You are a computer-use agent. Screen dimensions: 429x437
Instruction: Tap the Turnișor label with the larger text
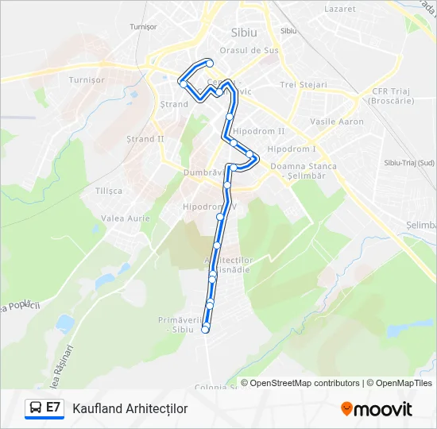click(x=87, y=80)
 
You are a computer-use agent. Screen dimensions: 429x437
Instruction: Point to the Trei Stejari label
click(x=304, y=84)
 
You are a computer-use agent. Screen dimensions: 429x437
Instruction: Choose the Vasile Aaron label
click(x=337, y=122)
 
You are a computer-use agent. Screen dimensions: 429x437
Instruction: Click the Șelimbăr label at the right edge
click(x=421, y=226)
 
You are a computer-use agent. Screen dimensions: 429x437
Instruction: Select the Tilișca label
click(x=109, y=191)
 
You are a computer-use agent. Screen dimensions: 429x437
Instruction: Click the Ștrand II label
click(x=145, y=139)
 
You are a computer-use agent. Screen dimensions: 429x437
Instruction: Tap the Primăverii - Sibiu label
click(x=182, y=323)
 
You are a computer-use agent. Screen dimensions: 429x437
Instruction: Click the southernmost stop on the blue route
click(x=205, y=330)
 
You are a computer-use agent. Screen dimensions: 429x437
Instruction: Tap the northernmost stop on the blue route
click(x=209, y=63)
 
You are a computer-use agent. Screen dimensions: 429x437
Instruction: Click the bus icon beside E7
click(x=35, y=408)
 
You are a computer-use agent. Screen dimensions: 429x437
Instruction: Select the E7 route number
click(x=53, y=408)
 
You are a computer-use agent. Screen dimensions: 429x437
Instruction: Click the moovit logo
click(x=377, y=408)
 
